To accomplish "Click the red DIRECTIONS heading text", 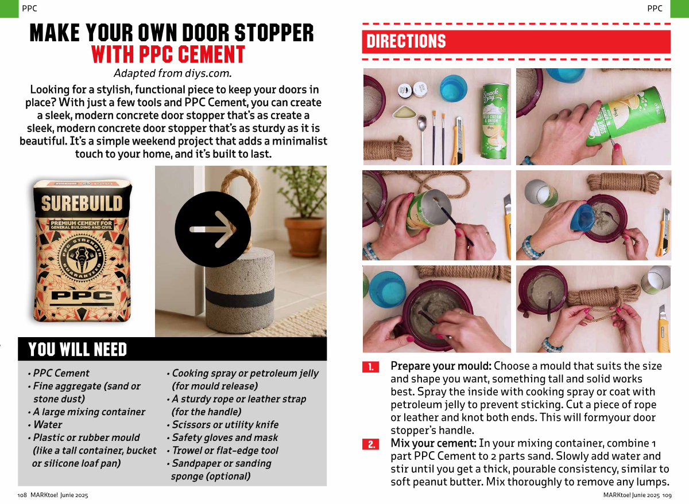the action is [406, 41].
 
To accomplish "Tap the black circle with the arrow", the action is [213, 229].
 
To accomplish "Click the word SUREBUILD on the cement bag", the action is [82, 204].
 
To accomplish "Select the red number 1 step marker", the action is [371, 367].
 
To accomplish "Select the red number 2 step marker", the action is [371, 444].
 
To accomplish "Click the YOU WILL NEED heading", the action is [77, 349].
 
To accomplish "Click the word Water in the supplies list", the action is [48, 424].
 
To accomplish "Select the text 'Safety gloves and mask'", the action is [225, 437].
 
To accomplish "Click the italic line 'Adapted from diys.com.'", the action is [173, 73].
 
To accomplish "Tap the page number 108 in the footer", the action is [22, 495].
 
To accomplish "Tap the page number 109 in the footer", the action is [667, 495].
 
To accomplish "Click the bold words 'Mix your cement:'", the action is [433, 443].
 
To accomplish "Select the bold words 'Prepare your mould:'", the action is [441, 366].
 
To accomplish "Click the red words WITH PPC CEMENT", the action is [168, 54].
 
